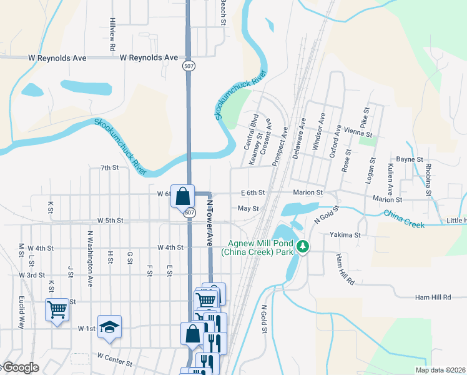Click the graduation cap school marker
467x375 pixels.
[109, 327]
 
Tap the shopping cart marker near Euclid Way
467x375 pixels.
[57, 309]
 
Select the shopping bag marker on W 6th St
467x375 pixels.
[182, 196]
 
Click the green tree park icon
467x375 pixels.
[303, 248]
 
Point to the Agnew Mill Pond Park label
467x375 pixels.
[261, 248]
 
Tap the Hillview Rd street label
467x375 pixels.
[112, 34]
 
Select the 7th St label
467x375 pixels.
[109, 167]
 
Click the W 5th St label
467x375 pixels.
[111, 221]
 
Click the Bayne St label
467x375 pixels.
[410, 159]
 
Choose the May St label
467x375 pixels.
[248, 208]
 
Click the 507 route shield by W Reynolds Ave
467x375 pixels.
[187, 65]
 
